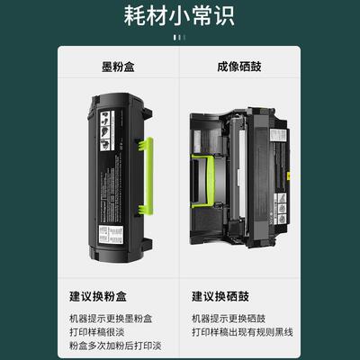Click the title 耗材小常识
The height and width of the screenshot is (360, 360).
(x=180, y=17)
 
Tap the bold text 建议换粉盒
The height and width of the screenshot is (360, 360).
(x=101, y=295)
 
